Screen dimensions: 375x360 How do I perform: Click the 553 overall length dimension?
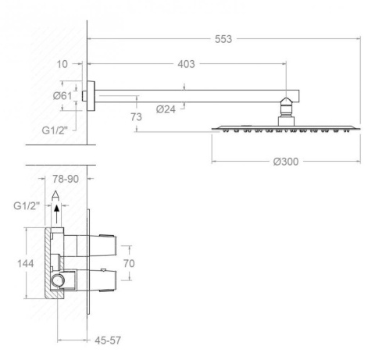[223, 39]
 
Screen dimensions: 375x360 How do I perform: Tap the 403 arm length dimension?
[186, 64]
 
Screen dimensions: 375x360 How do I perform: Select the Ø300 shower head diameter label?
[286, 162]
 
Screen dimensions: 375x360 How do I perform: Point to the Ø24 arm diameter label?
[166, 109]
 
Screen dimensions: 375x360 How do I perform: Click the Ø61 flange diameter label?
[62, 96]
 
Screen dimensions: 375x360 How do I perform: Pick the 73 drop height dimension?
[136, 117]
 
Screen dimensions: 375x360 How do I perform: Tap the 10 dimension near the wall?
[62, 64]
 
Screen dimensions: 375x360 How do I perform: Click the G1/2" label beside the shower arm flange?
[55, 130]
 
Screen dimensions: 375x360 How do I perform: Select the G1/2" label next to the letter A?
[27, 206]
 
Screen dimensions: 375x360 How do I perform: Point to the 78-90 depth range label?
[66, 179]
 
